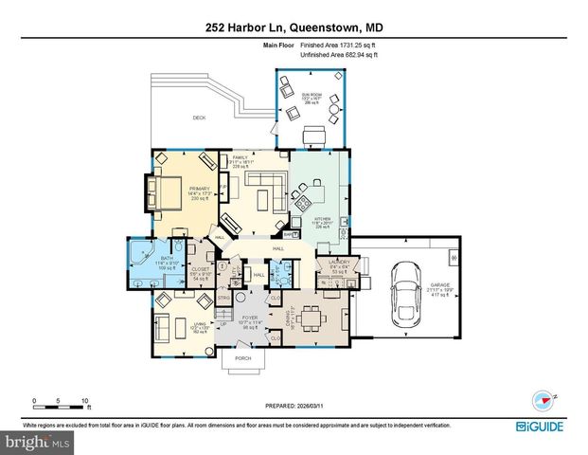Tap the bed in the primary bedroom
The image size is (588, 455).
tap(169, 193)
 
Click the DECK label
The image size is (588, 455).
tap(199, 118)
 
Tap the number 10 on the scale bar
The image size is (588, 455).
tap(85, 400)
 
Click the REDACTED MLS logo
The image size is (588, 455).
tap(37, 442)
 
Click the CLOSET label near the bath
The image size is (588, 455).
tap(200, 269)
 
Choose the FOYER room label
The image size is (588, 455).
tap(250, 318)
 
